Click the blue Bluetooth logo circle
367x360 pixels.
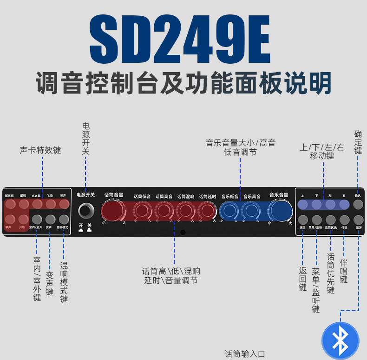[340, 340]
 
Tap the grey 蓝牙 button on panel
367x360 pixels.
[358, 220]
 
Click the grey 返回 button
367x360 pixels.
[303, 220]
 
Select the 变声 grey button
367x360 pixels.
[51, 219]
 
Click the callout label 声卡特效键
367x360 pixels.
[40, 150]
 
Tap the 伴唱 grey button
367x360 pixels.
[344, 220]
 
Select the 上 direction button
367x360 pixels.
[302, 205]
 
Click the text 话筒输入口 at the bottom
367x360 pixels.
[245, 354]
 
